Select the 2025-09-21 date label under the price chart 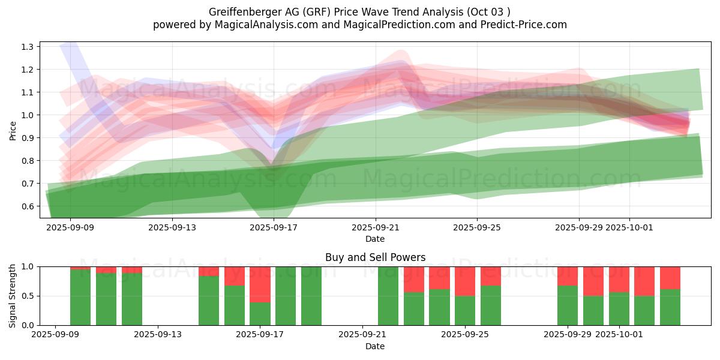coord(376,227)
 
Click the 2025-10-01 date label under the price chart coord(630,227)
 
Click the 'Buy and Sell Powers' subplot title coord(375,257)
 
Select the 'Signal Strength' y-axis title coord(13,296)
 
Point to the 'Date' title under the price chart coord(375,239)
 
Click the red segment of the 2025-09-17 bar coord(260,284)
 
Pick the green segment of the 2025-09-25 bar coord(465,310)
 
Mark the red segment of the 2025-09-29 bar coord(568,276)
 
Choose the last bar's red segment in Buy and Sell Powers coord(670,278)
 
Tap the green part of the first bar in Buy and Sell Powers coord(80,298)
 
